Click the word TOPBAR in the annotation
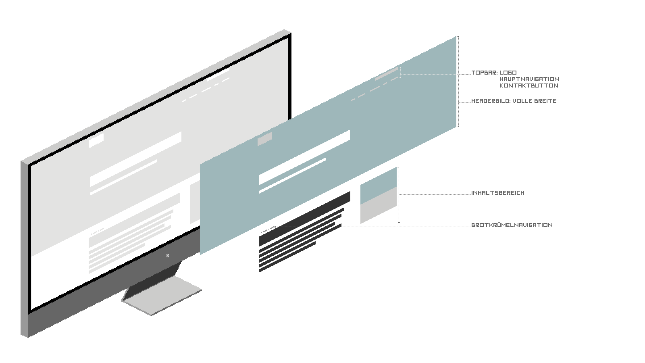484,73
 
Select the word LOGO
508,73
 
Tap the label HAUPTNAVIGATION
529,79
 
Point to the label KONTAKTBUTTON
529,85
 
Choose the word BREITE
545,101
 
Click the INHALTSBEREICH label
498,193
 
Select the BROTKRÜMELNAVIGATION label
512,225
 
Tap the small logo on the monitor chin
168,256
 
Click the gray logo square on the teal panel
264,139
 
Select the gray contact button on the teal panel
387,74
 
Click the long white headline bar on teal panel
304,157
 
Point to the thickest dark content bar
305,219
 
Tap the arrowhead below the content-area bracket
399,223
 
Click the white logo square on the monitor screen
96,141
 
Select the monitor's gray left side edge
25,249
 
